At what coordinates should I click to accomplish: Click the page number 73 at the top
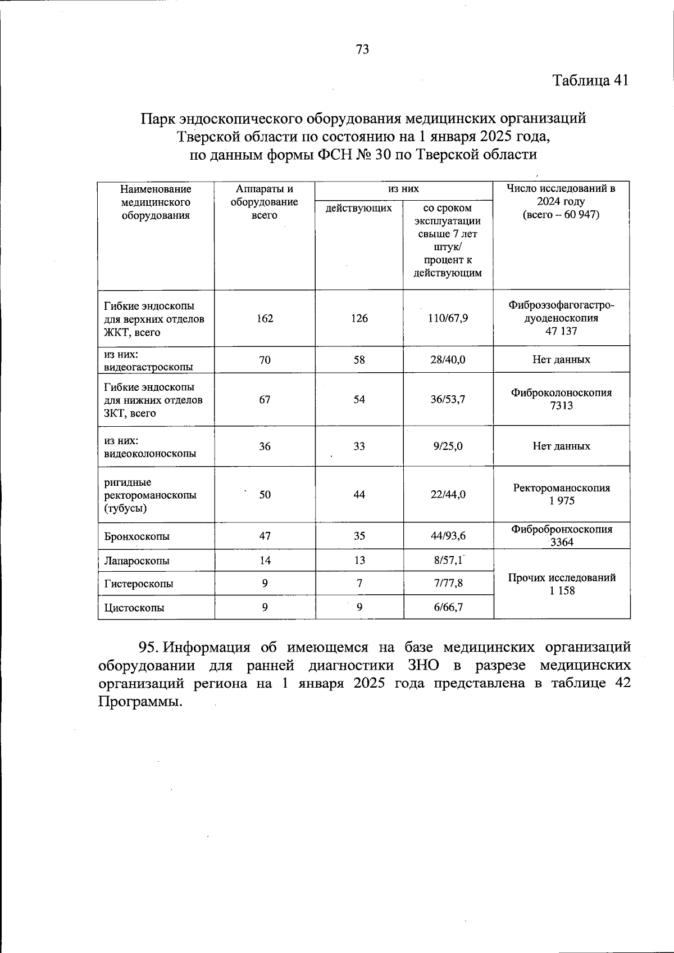(362, 49)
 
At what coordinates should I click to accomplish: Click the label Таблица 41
(590, 80)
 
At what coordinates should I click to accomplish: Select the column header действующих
(359, 208)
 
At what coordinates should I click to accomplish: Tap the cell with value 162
(265, 318)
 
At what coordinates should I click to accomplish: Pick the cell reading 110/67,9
(448, 318)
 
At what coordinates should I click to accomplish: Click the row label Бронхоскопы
(137, 536)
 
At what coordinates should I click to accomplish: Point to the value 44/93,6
(448, 536)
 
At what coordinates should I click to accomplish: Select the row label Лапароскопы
(137, 561)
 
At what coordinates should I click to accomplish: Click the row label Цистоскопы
(134, 608)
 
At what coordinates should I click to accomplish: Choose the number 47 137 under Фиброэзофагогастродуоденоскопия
(561, 331)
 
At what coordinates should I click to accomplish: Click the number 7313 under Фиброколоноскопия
(561, 405)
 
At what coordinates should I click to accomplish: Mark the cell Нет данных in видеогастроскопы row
(561, 359)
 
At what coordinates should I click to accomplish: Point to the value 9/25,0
(448, 446)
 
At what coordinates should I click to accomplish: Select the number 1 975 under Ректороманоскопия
(561, 501)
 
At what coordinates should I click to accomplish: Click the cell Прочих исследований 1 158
(561, 584)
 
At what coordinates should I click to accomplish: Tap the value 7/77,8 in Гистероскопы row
(448, 584)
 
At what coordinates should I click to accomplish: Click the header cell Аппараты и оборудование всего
(265, 202)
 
